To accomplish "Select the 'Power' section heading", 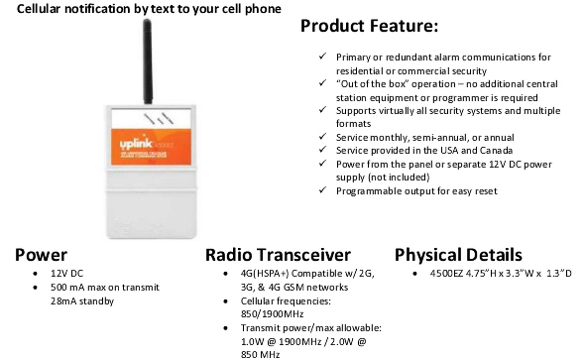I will click(41, 254).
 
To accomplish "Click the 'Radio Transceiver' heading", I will click(278, 254).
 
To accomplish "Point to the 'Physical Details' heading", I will click(459, 254).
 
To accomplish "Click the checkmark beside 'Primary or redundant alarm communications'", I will click(323, 58).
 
